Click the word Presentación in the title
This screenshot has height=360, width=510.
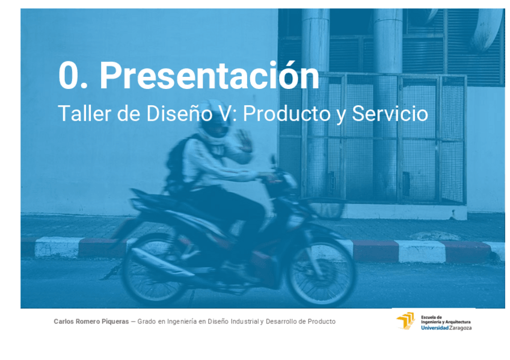click(x=209, y=75)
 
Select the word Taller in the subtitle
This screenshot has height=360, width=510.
click(x=85, y=114)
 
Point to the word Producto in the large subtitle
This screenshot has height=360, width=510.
click(x=287, y=114)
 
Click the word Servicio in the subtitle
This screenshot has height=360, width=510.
click(x=390, y=114)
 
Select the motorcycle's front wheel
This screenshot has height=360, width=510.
click(x=322, y=272)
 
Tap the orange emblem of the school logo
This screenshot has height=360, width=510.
click(x=405, y=321)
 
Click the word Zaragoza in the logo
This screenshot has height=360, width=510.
click(x=460, y=328)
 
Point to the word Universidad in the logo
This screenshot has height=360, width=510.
click(x=435, y=328)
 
